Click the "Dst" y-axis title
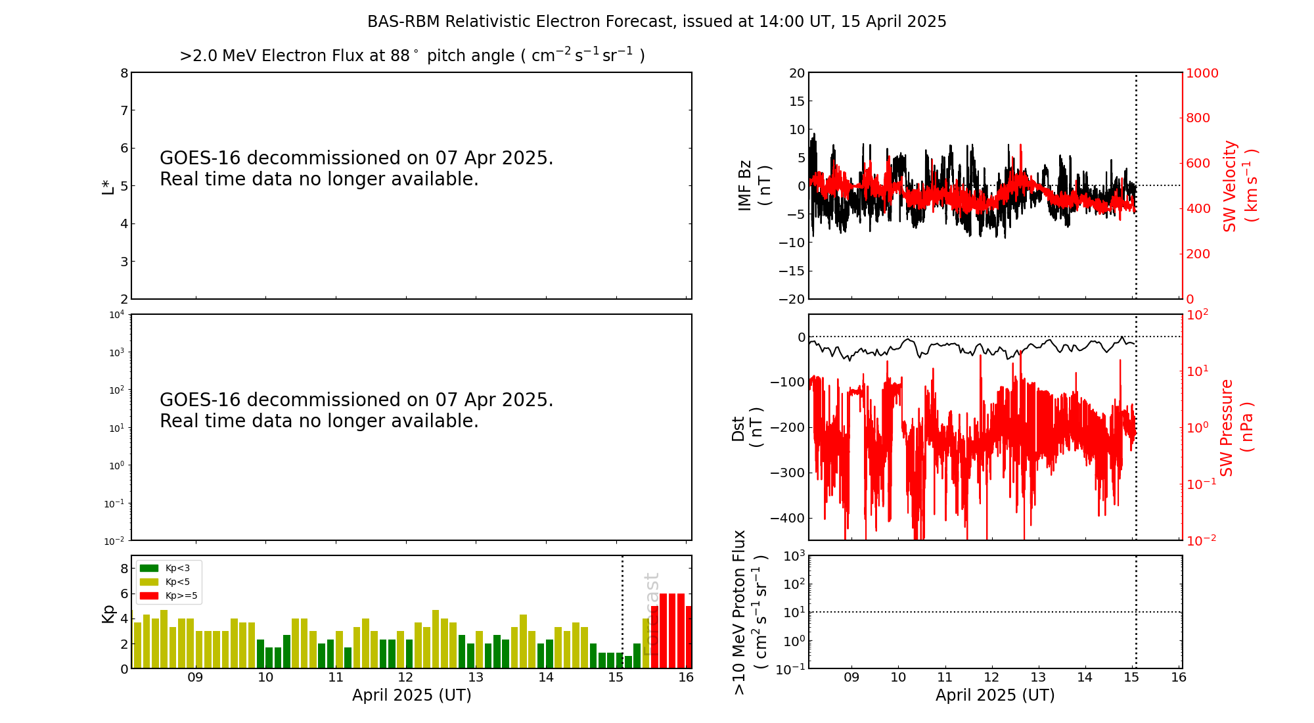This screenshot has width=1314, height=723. (x=747, y=427)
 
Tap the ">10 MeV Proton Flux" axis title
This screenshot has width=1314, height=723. (x=750, y=612)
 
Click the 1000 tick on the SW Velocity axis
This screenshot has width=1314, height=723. (x=1202, y=73)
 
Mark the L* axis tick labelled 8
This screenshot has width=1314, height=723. (x=124, y=73)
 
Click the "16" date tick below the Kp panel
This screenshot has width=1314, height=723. (x=686, y=678)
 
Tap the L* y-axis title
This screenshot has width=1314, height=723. (x=108, y=185)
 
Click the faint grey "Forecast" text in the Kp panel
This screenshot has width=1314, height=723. (x=650, y=614)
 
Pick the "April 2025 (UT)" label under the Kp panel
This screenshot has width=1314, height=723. (x=411, y=695)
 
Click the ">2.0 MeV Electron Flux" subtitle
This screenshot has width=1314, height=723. (x=412, y=56)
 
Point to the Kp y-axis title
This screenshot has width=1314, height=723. (x=108, y=613)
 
